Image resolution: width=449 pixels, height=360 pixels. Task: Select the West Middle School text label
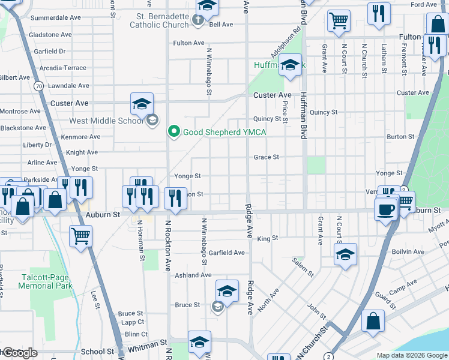click(x=106, y=121)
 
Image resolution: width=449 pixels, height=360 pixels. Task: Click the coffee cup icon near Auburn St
click(x=385, y=209)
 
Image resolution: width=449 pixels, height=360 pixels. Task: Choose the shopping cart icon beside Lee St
click(x=80, y=235)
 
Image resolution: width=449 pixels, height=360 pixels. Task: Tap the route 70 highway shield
click(x=38, y=86)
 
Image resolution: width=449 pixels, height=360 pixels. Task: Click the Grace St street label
click(x=267, y=157)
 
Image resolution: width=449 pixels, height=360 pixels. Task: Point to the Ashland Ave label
click(x=193, y=275)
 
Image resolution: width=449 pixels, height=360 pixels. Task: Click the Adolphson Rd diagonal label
click(x=286, y=41)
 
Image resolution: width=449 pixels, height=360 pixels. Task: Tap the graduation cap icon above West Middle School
click(x=142, y=103)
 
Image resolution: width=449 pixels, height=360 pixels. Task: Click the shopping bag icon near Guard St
click(x=373, y=320)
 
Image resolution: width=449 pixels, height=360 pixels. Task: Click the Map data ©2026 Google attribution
click(x=411, y=355)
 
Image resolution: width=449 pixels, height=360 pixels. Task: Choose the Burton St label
click(x=401, y=137)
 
